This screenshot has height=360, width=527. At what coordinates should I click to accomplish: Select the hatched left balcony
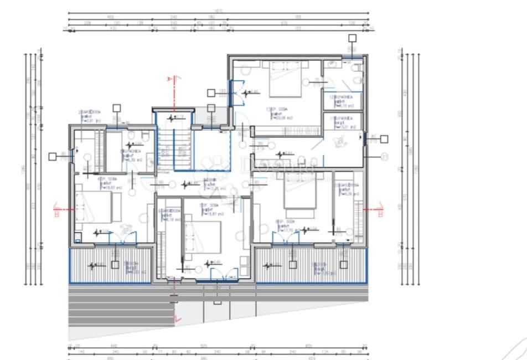click(x=110, y=265)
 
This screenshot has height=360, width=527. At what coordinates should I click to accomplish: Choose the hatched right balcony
click(x=311, y=265)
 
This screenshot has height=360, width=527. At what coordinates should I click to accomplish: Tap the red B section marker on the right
click(x=380, y=209)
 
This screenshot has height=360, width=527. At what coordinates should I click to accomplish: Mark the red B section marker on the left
click(x=56, y=209)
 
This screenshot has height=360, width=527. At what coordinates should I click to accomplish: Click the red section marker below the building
click(x=176, y=318)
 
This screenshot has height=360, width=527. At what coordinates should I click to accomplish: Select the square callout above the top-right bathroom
click(x=352, y=38)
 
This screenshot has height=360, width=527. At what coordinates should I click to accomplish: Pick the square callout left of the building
click(x=52, y=157)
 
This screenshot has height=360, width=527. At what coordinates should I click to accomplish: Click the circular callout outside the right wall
click(x=385, y=157)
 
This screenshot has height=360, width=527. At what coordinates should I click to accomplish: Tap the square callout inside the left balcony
click(x=115, y=265)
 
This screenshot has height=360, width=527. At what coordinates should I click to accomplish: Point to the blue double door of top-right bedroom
click(x=236, y=92)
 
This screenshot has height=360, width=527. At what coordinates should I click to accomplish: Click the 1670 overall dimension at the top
click(x=218, y=10)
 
